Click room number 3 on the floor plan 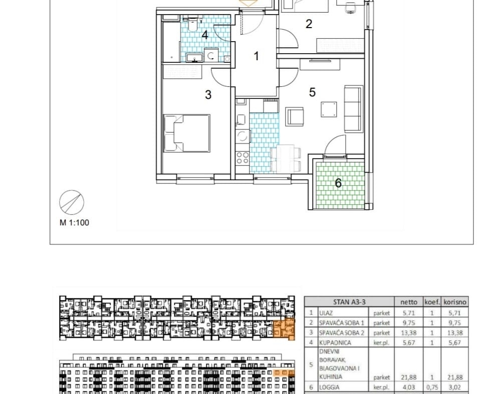(208, 95)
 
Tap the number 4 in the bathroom (205, 35)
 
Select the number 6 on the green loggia (338, 183)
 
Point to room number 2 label (309, 24)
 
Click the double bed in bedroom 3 (187, 133)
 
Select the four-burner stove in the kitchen (243, 158)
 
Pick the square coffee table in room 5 (329, 109)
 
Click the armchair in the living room (295, 116)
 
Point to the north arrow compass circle (72, 202)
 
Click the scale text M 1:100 (74, 223)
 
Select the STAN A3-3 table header (349, 302)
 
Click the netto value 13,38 (408, 333)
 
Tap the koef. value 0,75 (432, 387)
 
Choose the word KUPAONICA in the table (335, 343)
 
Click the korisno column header (455, 302)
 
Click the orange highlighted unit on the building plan (284, 329)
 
